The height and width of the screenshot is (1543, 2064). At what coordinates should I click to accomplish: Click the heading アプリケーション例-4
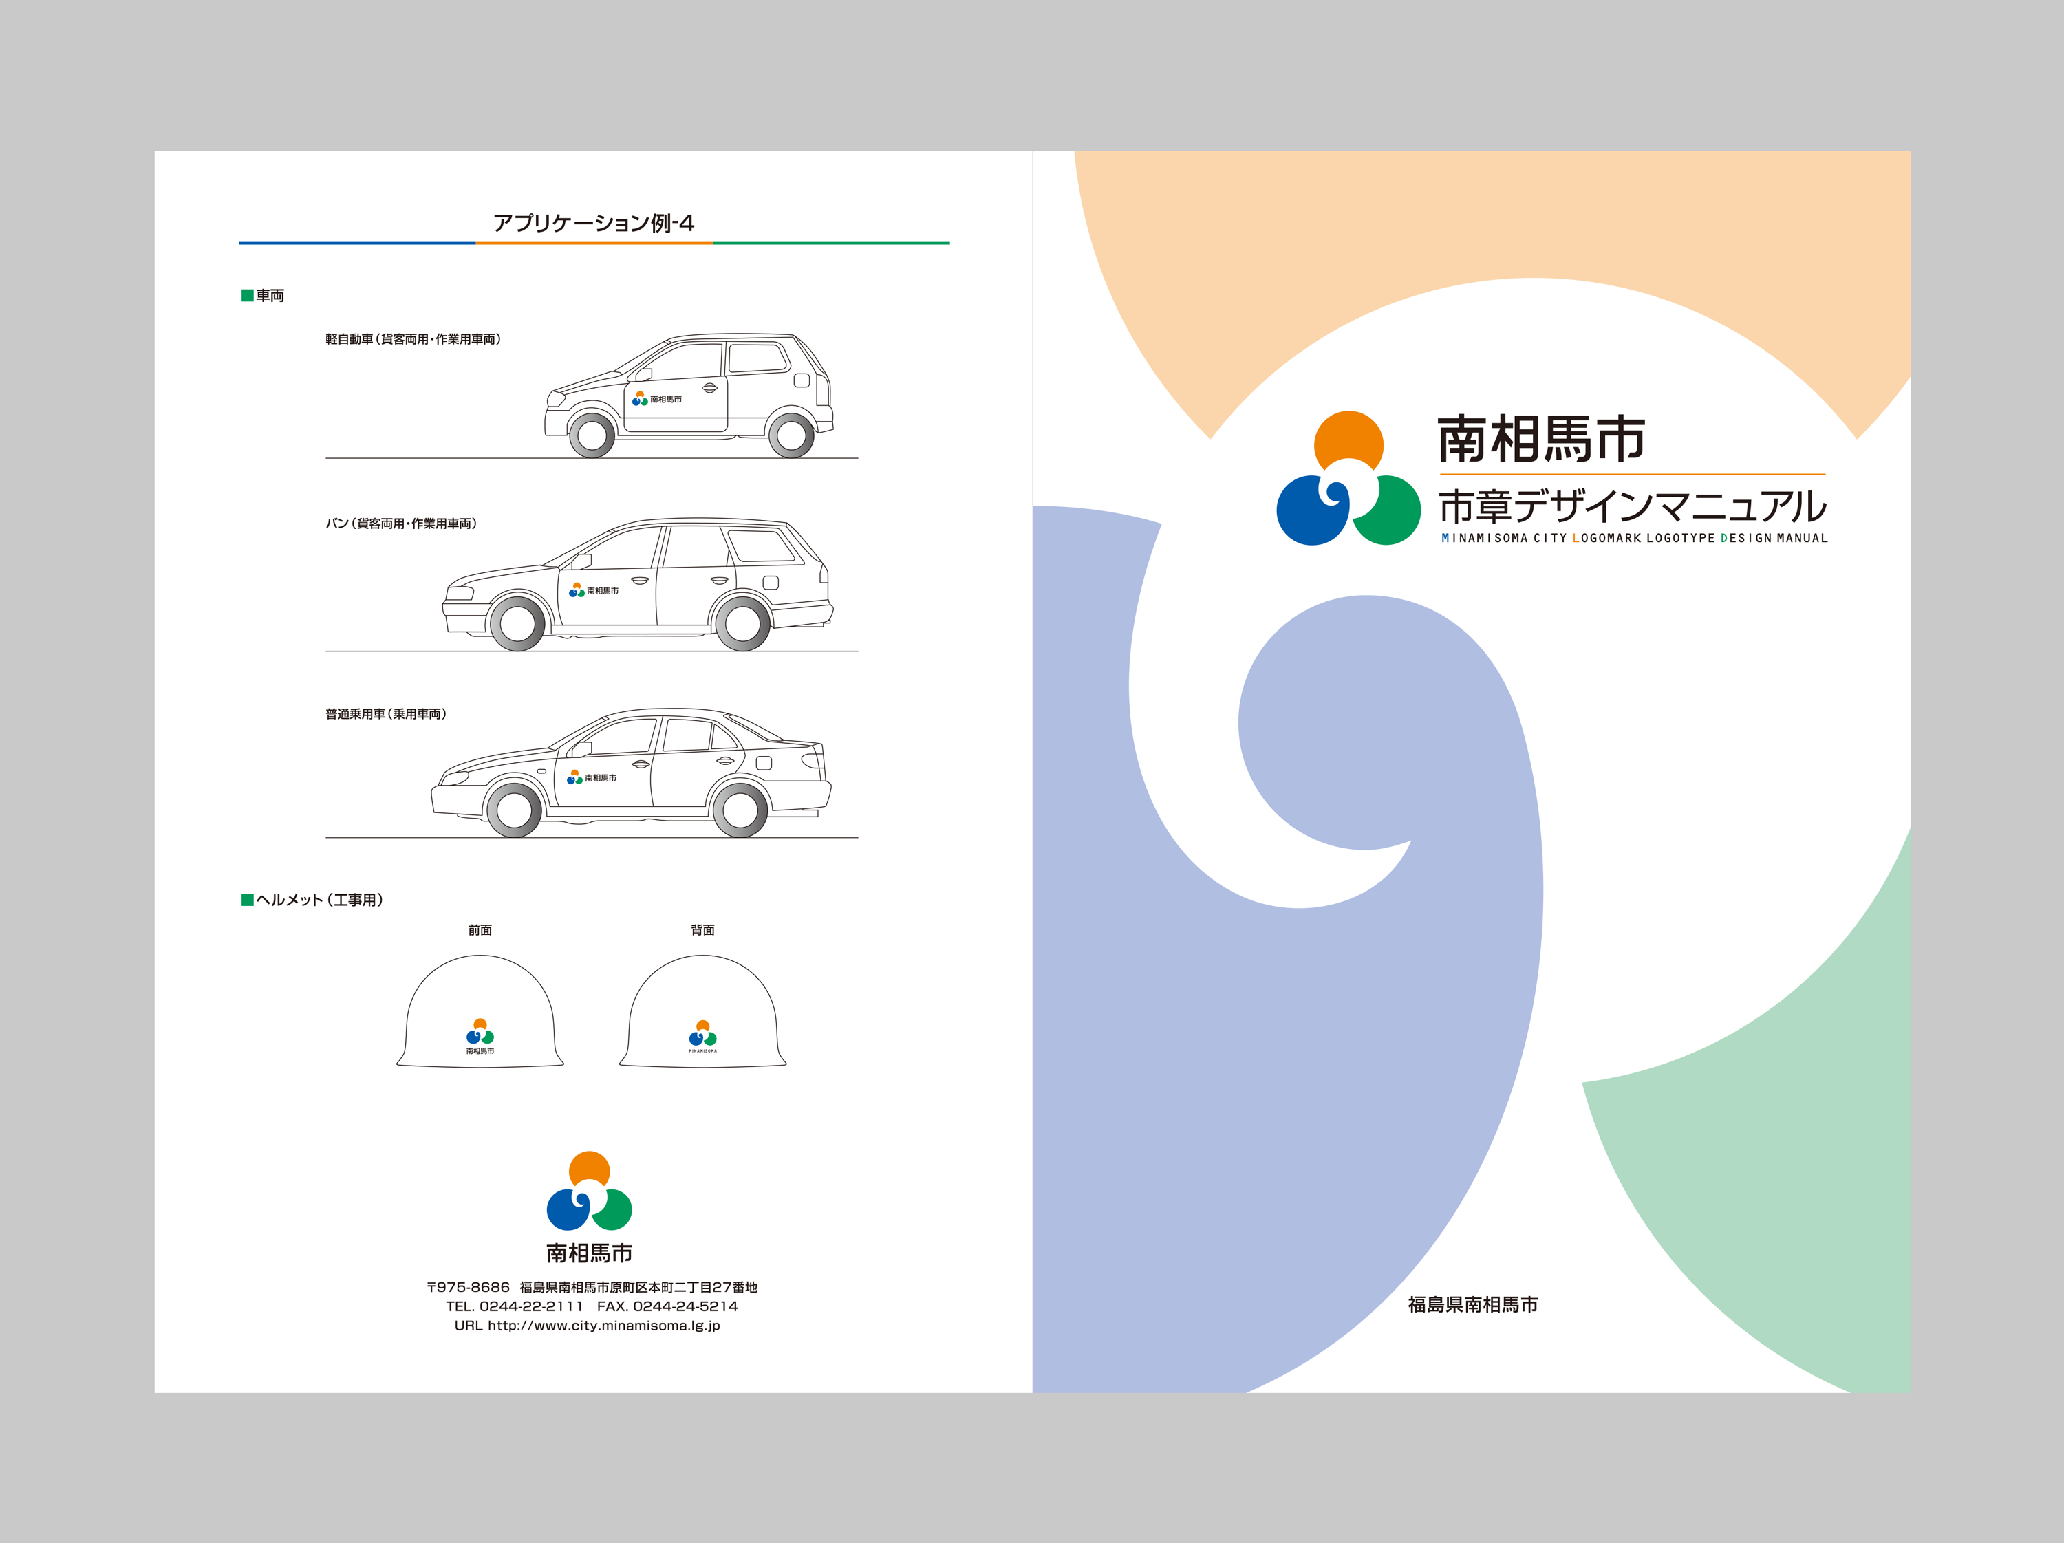594,223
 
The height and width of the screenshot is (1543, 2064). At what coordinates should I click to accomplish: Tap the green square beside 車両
247,296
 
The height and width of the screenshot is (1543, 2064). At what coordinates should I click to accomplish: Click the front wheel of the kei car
592,435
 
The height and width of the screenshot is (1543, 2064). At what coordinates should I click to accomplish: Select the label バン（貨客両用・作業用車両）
401,524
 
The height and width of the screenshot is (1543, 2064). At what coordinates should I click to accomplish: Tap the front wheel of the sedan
514,809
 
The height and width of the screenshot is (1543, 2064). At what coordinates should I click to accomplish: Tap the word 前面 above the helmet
480,930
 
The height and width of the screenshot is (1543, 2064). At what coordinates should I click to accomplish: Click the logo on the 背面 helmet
702,1035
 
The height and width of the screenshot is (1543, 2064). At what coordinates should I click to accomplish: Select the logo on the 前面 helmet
480,1034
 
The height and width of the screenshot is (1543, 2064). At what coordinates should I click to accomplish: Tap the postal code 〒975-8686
469,1287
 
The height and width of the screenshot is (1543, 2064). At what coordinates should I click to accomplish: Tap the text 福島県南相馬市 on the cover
1472,1305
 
